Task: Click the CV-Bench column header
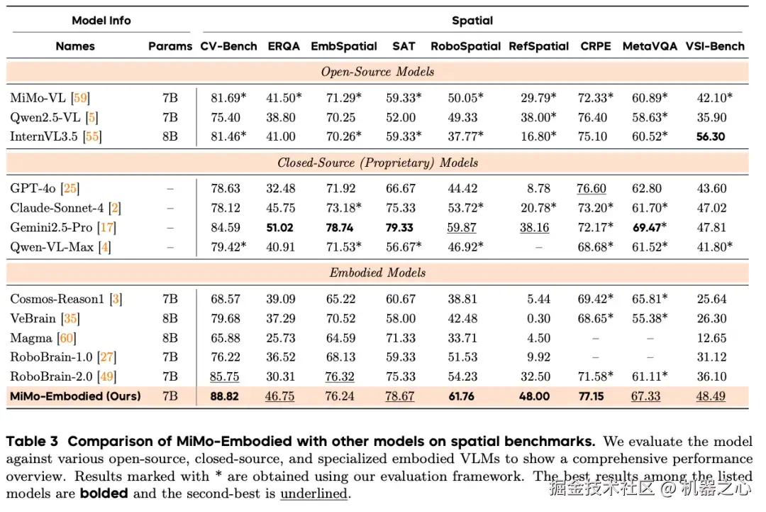(x=228, y=46)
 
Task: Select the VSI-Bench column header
(x=715, y=46)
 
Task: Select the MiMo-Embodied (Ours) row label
(x=75, y=396)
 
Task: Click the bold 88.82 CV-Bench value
(x=225, y=396)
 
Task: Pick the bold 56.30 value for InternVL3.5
(x=711, y=136)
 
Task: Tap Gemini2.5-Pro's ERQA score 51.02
(x=284, y=227)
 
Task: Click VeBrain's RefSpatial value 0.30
(x=539, y=318)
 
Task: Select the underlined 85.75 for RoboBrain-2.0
(x=225, y=376)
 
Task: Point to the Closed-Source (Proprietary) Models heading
(x=377, y=163)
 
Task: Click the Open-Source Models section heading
(x=377, y=72)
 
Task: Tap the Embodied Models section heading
(x=377, y=273)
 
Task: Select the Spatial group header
(x=472, y=21)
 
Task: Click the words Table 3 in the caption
(x=33, y=442)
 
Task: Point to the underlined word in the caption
(x=313, y=493)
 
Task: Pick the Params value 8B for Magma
(x=170, y=338)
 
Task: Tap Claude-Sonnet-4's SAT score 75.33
(x=404, y=208)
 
